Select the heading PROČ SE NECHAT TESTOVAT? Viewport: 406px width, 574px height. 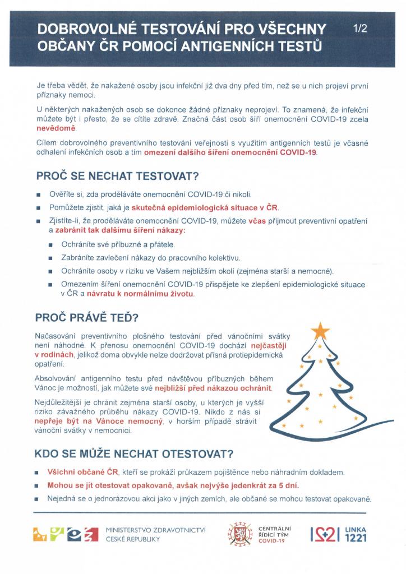117,176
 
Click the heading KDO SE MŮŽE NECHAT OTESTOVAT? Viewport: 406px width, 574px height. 134,453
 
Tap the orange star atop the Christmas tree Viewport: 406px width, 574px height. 320,331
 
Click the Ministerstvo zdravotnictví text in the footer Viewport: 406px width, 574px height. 156,534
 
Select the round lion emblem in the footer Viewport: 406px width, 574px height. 239,534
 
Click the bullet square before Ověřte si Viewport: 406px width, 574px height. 38,195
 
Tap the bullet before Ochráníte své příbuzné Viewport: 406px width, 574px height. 51,245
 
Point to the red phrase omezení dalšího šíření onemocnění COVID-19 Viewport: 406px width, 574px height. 230,152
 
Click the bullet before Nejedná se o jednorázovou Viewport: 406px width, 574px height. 38,499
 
